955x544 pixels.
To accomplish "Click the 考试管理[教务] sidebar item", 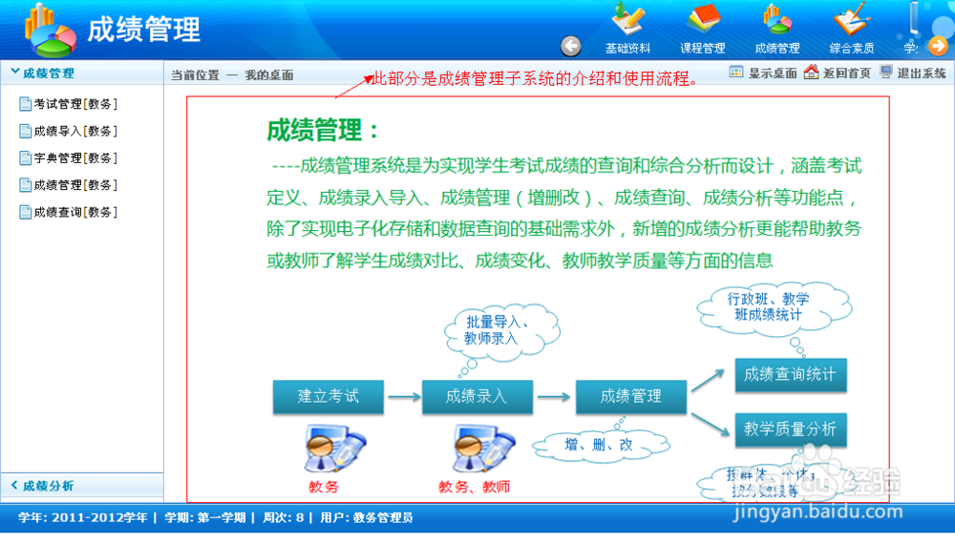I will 74,104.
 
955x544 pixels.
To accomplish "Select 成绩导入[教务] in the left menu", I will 74,131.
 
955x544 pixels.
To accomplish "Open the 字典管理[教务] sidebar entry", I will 74,157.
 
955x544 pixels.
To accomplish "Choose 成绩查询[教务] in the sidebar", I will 74,212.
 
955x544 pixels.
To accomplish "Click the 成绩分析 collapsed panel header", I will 48,486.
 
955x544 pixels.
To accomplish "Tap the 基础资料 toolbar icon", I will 627,29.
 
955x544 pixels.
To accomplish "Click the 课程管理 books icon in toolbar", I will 703,29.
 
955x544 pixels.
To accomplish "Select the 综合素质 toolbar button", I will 851,29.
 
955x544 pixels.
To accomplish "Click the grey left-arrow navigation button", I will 570,46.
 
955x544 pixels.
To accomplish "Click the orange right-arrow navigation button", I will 938,46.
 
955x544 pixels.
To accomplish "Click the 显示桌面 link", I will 763,73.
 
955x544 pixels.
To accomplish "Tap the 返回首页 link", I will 838,73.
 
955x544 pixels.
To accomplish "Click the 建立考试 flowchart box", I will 329,396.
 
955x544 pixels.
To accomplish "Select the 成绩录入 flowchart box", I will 477,396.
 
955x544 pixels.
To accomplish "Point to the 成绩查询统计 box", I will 790,375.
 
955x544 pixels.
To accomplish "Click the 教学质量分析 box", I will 790,429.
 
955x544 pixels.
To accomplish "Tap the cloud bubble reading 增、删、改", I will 599,445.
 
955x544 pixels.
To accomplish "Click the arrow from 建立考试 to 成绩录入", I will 403,396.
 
